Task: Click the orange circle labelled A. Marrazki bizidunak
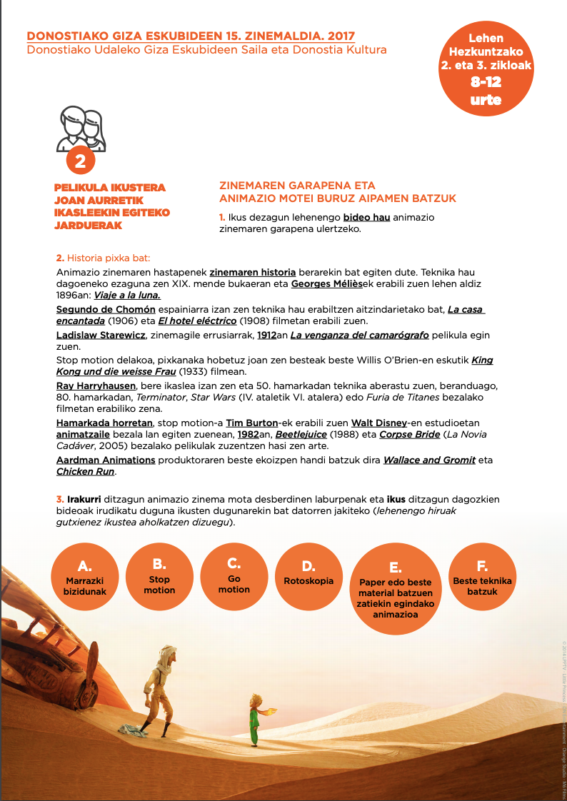(x=85, y=575)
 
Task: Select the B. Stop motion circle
(x=159, y=575)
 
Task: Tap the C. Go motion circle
(x=234, y=575)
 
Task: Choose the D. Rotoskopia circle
(x=308, y=575)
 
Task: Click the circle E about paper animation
(x=395, y=588)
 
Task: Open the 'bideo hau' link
(x=366, y=217)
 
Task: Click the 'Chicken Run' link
(x=85, y=471)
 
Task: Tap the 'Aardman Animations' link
(x=106, y=460)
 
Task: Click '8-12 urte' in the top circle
(x=486, y=91)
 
